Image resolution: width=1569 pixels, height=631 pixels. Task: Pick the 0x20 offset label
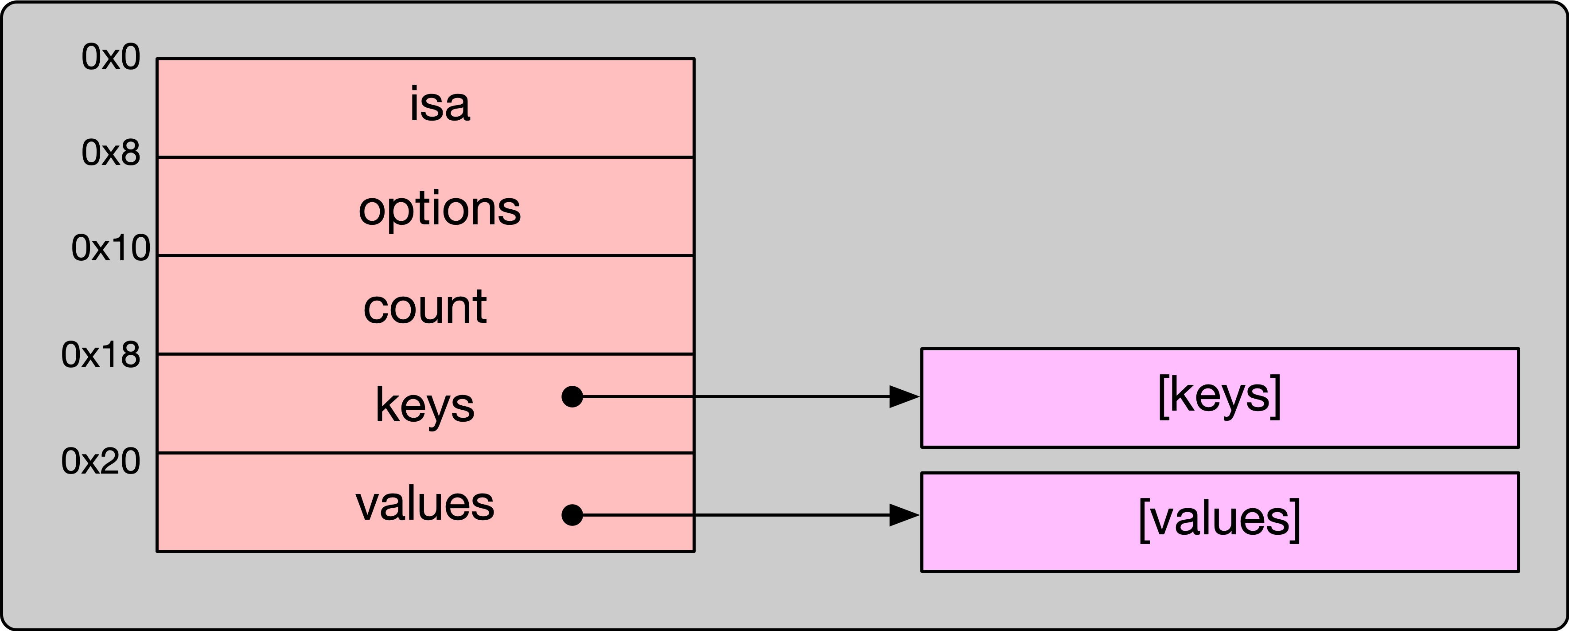(x=101, y=462)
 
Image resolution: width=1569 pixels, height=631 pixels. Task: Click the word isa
(x=440, y=105)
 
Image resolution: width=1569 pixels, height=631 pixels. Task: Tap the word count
(x=425, y=307)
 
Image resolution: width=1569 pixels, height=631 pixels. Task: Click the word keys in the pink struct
(x=425, y=405)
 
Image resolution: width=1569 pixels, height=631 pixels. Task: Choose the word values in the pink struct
(x=425, y=504)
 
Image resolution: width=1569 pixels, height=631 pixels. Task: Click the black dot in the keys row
(x=572, y=397)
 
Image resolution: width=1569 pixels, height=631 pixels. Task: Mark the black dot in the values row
(x=572, y=515)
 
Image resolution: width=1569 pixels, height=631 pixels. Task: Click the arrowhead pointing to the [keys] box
(x=903, y=397)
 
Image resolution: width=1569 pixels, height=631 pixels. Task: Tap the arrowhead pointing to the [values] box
(x=903, y=515)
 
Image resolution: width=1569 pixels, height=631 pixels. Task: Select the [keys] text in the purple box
(x=1219, y=396)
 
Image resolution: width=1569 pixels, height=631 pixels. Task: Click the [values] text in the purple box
(x=1219, y=519)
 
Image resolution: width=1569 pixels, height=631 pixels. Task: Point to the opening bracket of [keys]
(x=1164, y=397)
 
